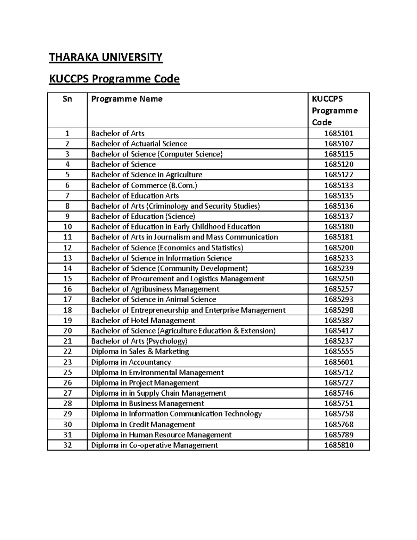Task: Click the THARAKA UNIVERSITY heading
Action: [106, 57]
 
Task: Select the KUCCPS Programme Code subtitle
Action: [114, 79]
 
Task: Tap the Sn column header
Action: [67, 99]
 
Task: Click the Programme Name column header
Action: [127, 99]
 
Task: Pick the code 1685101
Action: [338, 133]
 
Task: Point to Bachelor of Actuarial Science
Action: [139, 144]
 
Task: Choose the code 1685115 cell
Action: [338, 154]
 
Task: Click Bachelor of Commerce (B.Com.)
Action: [144, 185]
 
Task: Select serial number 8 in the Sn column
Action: [67, 206]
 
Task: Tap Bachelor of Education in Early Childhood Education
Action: [175, 227]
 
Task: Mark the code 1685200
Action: [338, 248]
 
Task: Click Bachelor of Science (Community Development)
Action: [169, 268]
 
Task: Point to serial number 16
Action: [67, 289]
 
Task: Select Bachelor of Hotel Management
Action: [143, 320]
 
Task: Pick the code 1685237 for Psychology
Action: [338, 341]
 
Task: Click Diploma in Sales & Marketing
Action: [140, 352]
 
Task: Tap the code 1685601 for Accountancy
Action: [338, 362]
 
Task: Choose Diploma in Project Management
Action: [145, 383]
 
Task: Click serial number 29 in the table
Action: [67, 414]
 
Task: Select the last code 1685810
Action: [338, 445]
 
